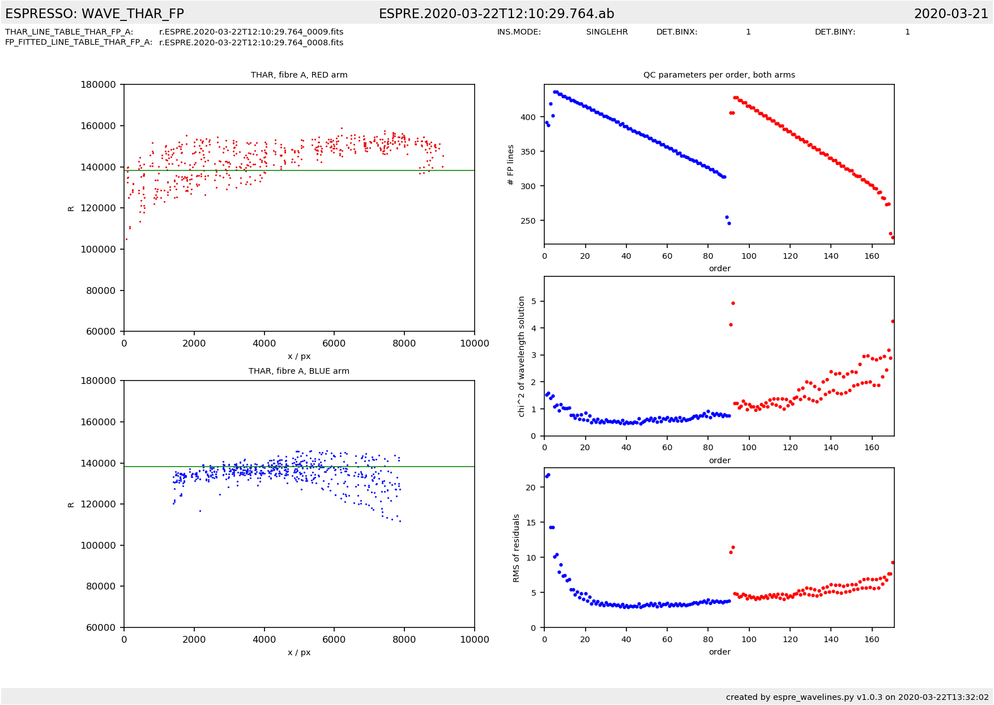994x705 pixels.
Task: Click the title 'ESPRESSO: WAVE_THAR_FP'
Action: (95, 14)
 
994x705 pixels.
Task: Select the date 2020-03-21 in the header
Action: (951, 14)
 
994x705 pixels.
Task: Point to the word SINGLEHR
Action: (607, 32)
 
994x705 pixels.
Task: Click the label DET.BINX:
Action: (677, 32)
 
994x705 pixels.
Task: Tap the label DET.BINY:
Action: (835, 32)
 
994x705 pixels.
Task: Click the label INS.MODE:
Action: (519, 32)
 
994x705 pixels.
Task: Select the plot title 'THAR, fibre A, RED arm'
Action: (299, 75)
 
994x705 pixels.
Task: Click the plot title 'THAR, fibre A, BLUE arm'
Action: (299, 371)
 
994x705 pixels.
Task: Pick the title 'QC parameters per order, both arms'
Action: (719, 75)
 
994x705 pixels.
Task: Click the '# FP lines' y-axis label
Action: (511, 165)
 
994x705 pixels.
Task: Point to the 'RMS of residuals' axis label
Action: (516, 548)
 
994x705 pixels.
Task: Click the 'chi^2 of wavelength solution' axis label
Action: (522, 357)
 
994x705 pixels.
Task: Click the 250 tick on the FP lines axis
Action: (527, 221)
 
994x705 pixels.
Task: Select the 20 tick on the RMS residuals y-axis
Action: (531, 488)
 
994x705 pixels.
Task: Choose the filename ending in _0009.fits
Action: (251, 32)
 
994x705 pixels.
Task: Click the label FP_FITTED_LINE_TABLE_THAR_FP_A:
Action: (79, 42)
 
